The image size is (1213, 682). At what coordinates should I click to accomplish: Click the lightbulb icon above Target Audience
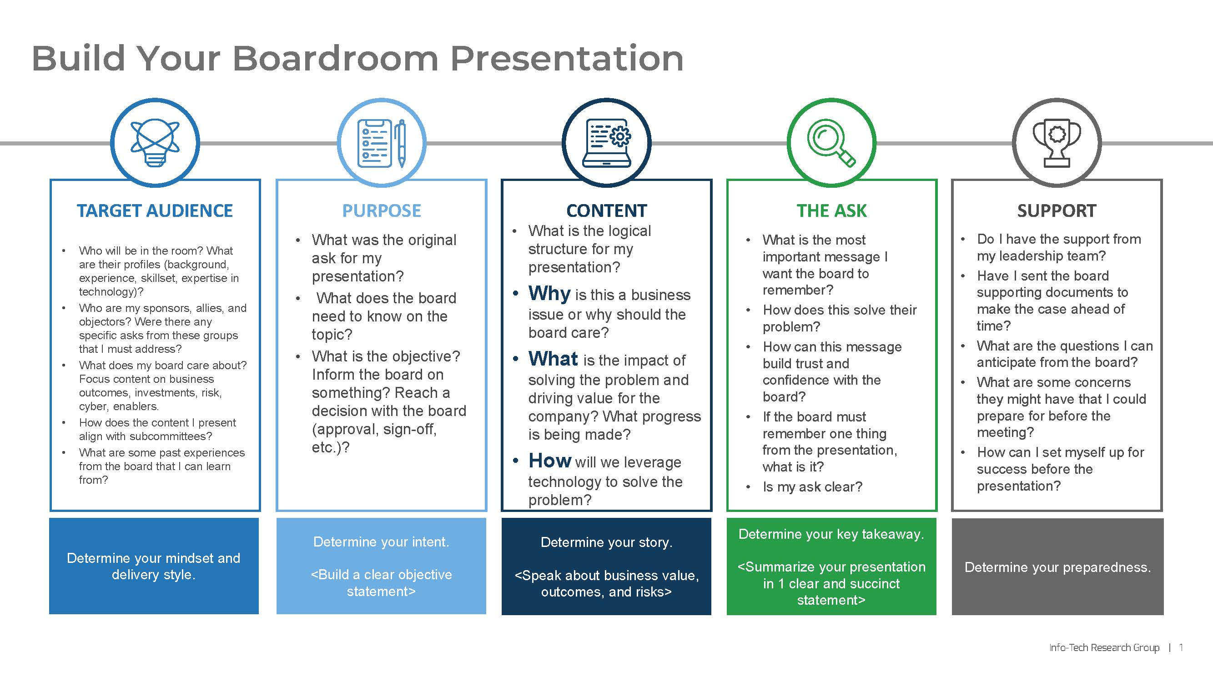(x=155, y=143)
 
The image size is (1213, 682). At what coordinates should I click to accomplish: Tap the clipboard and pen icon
(x=382, y=143)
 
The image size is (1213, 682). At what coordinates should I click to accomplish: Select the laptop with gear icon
(x=607, y=143)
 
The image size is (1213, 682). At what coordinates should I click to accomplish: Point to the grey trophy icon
(x=1057, y=143)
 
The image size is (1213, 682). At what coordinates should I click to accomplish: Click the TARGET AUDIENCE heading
(x=155, y=211)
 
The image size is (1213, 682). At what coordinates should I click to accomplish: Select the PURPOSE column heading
(x=382, y=211)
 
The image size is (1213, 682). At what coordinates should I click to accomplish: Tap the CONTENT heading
(x=607, y=211)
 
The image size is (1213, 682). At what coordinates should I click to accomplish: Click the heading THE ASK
(x=831, y=211)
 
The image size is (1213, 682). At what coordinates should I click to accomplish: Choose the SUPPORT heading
(x=1057, y=211)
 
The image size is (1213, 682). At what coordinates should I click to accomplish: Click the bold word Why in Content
(x=549, y=293)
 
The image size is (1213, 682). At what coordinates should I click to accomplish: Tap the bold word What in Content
(x=553, y=359)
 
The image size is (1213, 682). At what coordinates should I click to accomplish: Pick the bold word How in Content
(x=549, y=460)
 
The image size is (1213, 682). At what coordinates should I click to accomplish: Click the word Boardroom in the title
(x=335, y=58)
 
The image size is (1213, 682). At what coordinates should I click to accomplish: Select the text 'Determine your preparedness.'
(x=1057, y=567)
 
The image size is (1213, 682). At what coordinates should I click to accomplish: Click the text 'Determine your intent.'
(x=382, y=542)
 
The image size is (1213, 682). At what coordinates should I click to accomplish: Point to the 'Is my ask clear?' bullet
(x=812, y=486)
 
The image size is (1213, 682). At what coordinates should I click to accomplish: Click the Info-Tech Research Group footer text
(x=1104, y=647)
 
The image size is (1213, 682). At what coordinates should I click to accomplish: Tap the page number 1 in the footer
(x=1181, y=647)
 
